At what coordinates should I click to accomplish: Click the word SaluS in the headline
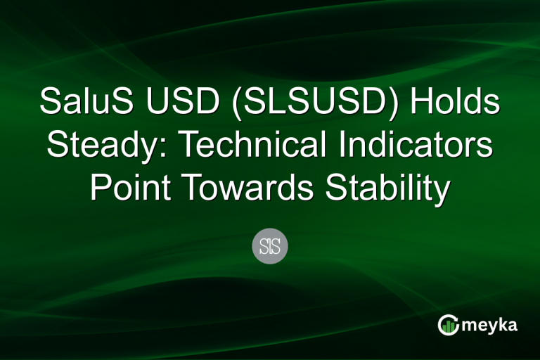pos(84,103)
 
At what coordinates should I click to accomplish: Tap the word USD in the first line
pos(174,103)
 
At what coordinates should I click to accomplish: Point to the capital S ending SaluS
pos(118,103)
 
